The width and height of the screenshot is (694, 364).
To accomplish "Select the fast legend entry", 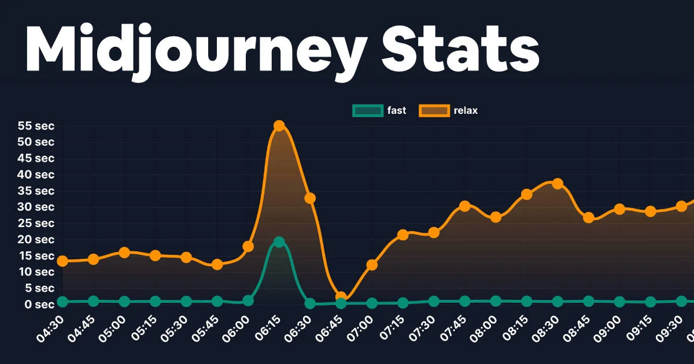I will (379, 110).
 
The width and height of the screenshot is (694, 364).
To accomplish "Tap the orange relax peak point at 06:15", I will (279, 125).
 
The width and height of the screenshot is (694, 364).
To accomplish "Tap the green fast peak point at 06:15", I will (279, 242).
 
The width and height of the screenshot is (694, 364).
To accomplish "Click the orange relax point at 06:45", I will (341, 297).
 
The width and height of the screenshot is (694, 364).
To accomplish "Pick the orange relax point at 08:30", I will (558, 184).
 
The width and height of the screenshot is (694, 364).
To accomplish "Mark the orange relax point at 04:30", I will (62, 261).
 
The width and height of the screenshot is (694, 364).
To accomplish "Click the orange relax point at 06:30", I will (310, 198).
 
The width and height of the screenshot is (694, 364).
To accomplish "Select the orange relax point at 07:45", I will (464, 206).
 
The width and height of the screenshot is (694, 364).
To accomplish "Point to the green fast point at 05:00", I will (124, 302).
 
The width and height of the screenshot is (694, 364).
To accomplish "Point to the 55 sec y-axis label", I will (36, 126).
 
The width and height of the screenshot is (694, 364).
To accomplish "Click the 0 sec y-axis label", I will (39, 304).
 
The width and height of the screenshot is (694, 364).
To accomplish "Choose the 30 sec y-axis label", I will (36, 207).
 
